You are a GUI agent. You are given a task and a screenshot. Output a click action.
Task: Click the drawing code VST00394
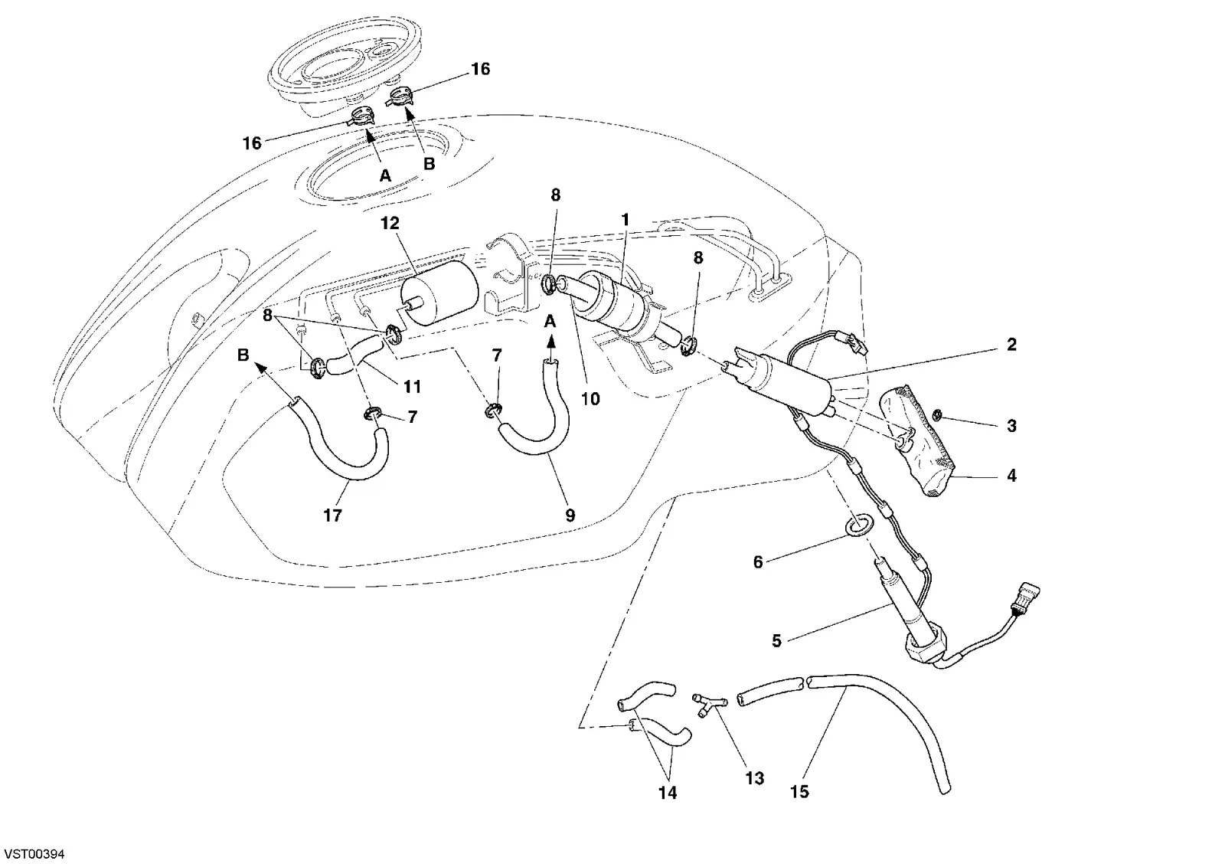click(34, 854)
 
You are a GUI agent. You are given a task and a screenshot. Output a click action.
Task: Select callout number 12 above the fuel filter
click(390, 223)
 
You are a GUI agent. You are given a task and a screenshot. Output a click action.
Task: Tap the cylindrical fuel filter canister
click(440, 293)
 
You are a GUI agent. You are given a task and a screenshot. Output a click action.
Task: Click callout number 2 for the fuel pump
click(1011, 345)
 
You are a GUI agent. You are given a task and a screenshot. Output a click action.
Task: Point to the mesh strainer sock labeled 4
click(918, 440)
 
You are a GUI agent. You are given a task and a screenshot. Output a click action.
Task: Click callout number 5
click(776, 641)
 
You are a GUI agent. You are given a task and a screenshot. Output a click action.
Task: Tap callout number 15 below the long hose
click(799, 792)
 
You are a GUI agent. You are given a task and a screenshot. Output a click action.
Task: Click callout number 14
click(668, 792)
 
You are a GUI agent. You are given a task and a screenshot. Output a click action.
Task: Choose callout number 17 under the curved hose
click(332, 515)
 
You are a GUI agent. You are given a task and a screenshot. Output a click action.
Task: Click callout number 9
click(570, 515)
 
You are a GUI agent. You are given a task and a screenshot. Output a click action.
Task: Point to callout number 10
click(590, 399)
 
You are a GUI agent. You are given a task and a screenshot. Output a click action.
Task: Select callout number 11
click(413, 387)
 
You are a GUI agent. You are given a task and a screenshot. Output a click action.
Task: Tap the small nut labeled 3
click(937, 417)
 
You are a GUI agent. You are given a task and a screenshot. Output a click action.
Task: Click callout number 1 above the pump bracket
click(625, 220)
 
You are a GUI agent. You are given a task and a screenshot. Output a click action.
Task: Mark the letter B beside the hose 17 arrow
click(243, 355)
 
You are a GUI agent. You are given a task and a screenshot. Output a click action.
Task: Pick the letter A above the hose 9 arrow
click(550, 321)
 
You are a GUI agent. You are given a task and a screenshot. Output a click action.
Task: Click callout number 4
click(1011, 476)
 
